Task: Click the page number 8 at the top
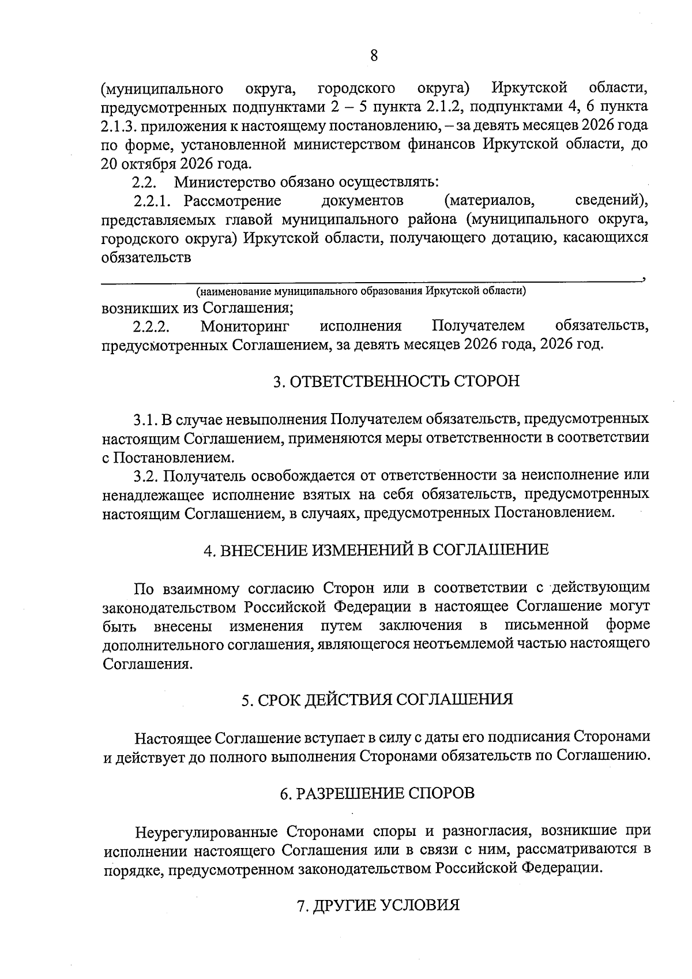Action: (x=374, y=55)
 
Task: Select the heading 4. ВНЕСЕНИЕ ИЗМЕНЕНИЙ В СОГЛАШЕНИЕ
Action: (x=376, y=549)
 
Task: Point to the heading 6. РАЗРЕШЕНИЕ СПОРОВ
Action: (x=377, y=793)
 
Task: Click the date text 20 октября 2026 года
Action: (x=176, y=163)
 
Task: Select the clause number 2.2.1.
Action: (x=153, y=201)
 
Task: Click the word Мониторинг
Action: (x=245, y=327)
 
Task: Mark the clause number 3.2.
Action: (x=145, y=475)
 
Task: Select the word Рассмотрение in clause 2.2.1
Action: (x=232, y=201)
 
